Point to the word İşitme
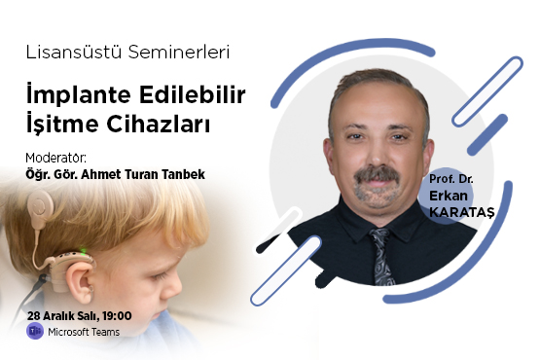point(64,125)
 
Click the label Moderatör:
point(55,157)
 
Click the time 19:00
point(117,316)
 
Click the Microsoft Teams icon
point(34,333)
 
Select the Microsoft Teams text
point(86,333)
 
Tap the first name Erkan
point(449,195)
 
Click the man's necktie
point(379,252)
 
